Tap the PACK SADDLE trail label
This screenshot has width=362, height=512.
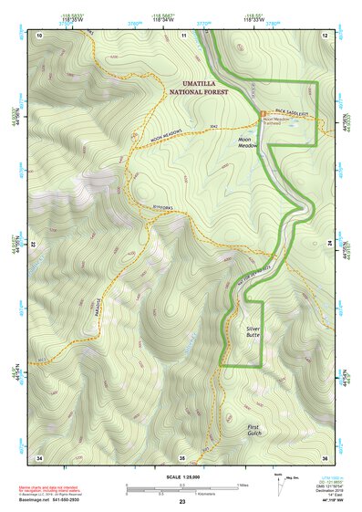click(294, 113)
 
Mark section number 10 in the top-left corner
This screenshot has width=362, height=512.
click(40, 34)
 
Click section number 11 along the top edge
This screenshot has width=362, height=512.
click(183, 34)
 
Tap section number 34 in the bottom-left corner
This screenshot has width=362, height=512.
click(39, 456)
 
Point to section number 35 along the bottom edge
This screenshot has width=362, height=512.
click(182, 456)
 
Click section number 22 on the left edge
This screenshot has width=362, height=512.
click(33, 246)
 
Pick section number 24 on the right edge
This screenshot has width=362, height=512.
click(330, 246)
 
